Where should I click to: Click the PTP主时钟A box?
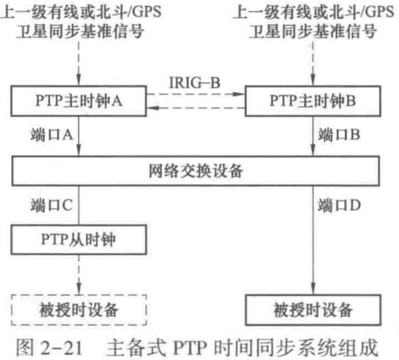click(x=79, y=101)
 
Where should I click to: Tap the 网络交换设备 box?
click(x=196, y=171)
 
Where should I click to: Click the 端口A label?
click(x=51, y=135)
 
